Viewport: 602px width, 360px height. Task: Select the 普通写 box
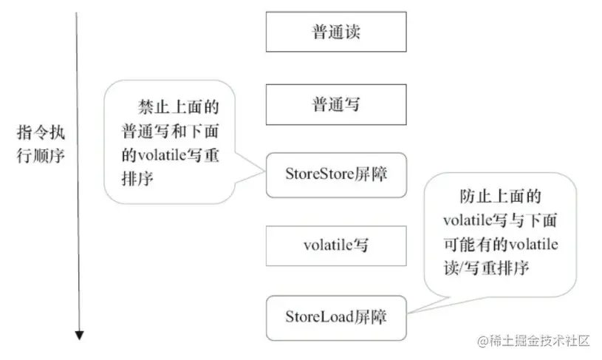pos(335,104)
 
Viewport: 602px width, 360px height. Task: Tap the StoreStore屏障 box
pos(335,174)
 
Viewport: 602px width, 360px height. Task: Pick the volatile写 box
pos(335,245)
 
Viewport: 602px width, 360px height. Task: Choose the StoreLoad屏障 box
pos(335,317)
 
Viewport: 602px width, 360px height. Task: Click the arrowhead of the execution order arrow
pos(79,336)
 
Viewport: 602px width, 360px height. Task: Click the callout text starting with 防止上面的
pos(500,231)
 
